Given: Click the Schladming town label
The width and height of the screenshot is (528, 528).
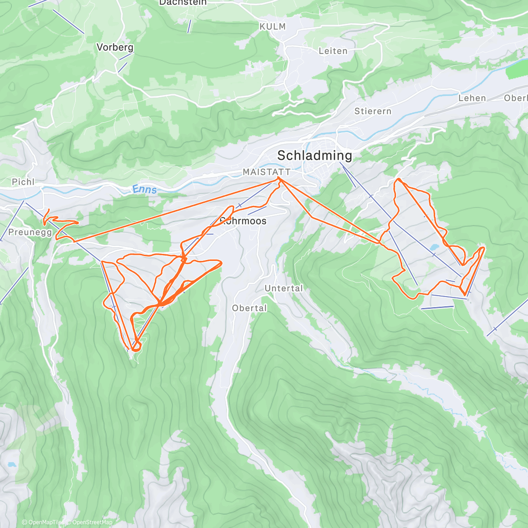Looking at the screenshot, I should coord(315,155).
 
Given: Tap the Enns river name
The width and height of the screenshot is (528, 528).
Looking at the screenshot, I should coord(144,189).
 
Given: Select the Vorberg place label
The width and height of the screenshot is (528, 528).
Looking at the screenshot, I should coord(115,47).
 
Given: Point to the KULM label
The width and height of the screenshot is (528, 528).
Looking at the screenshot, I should coord(273,26).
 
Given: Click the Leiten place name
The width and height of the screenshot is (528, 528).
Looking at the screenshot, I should coord(333,51).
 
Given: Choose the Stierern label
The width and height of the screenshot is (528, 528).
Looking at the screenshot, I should coord(373,111).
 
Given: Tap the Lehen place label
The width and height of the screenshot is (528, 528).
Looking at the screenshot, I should coord(472,98).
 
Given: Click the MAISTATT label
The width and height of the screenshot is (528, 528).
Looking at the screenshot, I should coord(267,172).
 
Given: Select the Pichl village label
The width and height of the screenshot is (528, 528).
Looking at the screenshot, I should coord(23,182).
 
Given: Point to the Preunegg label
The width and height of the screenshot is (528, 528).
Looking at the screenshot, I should coord(30,232).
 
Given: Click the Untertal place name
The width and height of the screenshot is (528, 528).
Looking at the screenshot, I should coord(284,288).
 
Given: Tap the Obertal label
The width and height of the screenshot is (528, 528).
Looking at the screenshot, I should coord(249,308).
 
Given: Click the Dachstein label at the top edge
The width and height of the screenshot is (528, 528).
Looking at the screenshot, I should coord(182,3).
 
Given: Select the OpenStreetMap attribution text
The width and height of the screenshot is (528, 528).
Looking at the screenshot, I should coord(92,522).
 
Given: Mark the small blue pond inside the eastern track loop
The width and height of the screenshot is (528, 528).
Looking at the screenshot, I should coord(434,247).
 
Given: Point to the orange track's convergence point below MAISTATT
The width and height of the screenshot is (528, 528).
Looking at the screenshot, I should coord(279,178).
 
